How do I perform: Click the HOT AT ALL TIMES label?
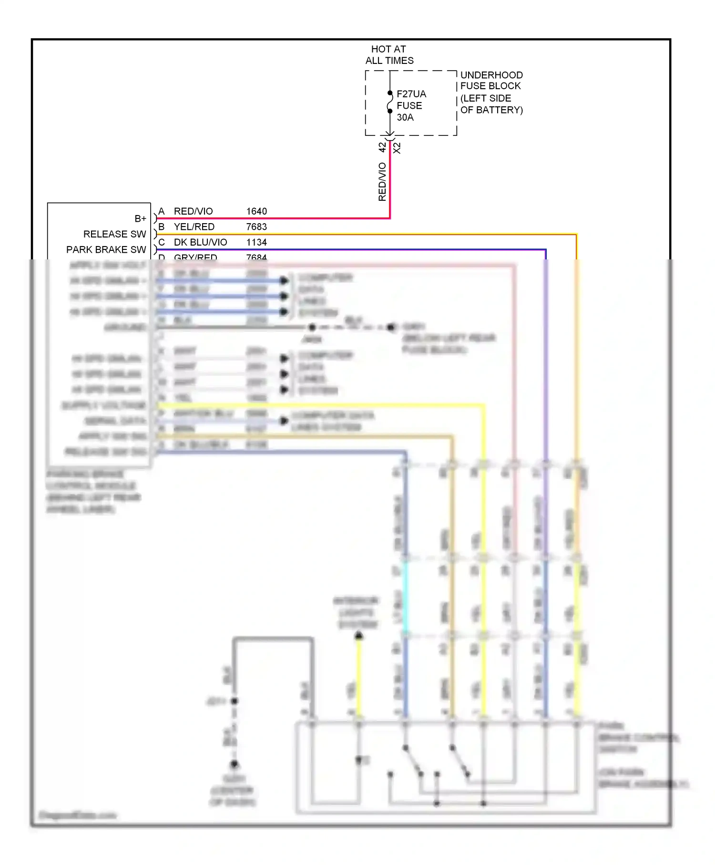389,55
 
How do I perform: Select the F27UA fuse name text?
411,94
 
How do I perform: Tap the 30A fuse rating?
405,117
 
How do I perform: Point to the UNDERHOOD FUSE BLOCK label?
491,81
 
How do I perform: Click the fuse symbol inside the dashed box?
390,102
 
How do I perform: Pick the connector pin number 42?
382,147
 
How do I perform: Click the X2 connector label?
397,148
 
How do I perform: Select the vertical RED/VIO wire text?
382,182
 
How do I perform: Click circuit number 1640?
256,211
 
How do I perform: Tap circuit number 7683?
256,227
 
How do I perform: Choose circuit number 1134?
256,242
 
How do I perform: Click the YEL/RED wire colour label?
194,227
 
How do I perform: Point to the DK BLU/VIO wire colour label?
200,242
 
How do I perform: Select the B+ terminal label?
140,218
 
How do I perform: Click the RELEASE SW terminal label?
114,234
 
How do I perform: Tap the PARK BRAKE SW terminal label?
106,249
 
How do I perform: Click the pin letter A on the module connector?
162,211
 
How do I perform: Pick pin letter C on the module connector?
162,242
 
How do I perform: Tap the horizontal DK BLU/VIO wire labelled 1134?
334,249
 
